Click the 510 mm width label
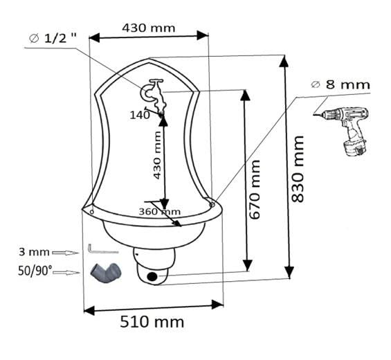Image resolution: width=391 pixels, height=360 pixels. (152, 322)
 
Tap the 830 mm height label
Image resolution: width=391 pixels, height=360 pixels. (298, 169)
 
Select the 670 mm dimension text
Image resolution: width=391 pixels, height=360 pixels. (255, 190)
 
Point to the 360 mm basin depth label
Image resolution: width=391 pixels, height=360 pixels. (160, 212)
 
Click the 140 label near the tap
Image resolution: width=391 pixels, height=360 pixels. (140, 115)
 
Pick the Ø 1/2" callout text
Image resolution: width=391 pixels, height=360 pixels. (53, 38)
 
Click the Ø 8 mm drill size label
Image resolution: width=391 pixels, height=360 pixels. (340, 85)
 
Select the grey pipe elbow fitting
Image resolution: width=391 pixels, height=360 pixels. (106, 272)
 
